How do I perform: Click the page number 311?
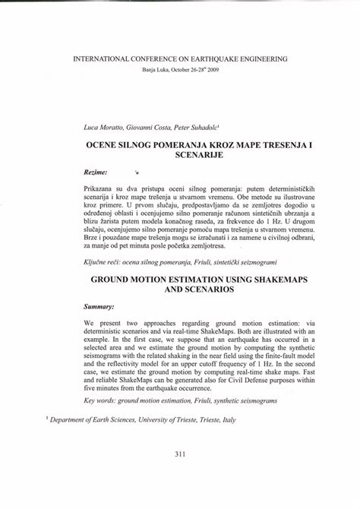coord(181,476)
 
